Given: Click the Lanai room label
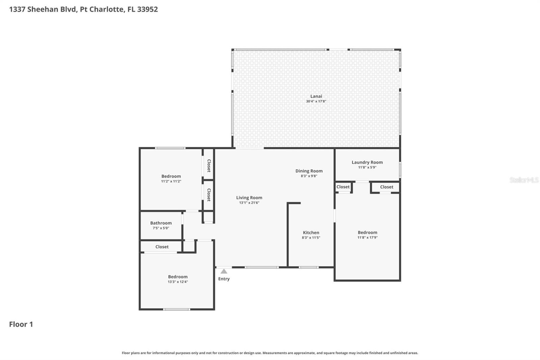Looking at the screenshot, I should (x=316, y=96).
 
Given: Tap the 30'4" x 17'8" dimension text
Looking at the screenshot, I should (x=316, y=101).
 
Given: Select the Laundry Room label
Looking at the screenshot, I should (x=367, y=162).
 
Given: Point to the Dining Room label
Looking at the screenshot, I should (x=309, y=171).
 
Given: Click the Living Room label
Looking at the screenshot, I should (x=249, y=198).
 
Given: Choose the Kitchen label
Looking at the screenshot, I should (x=311, y=233).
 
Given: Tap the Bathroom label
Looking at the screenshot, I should (x=161, y=223).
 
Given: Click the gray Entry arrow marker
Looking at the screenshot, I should (x=224, y=271).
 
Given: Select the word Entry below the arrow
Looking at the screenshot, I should (x=224, y=279).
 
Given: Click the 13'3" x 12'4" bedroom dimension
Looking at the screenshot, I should (x=178, y=282).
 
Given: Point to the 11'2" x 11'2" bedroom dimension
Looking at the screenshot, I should (x=171, y=181).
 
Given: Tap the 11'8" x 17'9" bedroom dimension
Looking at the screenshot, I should (x=367, y=237).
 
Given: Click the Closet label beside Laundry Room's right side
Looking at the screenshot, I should (x=386, y=187).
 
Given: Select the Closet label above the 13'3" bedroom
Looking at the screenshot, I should (x=162, y=247).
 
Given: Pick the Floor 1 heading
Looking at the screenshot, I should (x=21, y=324).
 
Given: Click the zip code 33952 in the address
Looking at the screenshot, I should (x=147, y=9).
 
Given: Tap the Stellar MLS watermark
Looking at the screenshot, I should (x=524, y=180).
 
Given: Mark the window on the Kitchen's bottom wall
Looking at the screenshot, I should (x=308, y=267).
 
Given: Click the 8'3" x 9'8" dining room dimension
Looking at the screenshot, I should (x=309, y=176).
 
